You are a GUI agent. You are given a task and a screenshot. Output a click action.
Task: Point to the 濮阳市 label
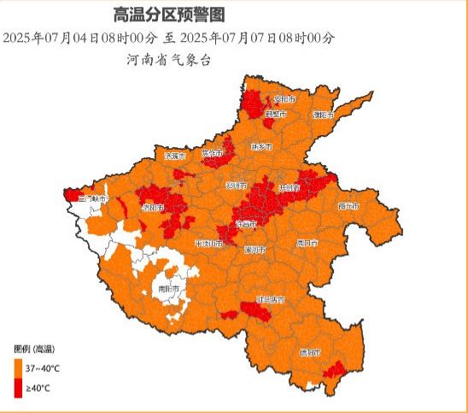[x=322, y=114]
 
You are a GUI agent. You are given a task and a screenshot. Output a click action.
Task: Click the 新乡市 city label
[x=260, y=146]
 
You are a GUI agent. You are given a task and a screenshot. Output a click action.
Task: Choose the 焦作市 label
[x=211, y=153]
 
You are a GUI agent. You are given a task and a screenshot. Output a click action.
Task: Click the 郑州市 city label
[x=236, y=186]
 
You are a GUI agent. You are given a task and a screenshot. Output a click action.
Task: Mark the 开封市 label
[x=289, y=186]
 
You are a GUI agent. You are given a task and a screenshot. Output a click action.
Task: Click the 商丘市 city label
[x=348, y=206]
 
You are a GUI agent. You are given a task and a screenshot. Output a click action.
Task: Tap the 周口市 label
[x=307, y=243]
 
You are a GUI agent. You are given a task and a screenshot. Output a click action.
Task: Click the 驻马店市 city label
[x=271, y=300]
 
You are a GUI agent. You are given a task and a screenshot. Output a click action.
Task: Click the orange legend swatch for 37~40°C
[x=17, y=369]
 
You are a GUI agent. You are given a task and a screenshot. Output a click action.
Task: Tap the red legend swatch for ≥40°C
[x=17, y=389]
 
